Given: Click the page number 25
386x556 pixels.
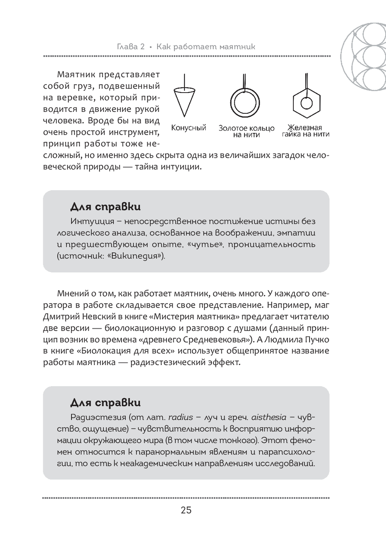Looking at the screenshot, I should click(x=186, y=510).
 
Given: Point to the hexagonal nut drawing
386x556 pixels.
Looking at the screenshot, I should click(x=306, y=103).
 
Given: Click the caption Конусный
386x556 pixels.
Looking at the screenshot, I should click(x=189, y=128).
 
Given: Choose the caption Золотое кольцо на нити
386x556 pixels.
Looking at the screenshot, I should click(x=246, y=131).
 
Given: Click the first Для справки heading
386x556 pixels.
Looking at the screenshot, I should click(x=105, y=207).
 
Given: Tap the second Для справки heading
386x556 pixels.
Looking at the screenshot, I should click(x=105, y=403).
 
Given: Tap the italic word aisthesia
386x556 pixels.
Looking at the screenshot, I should click(x=269, y=417).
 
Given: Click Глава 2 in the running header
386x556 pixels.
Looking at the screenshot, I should click(x=130, y=47).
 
